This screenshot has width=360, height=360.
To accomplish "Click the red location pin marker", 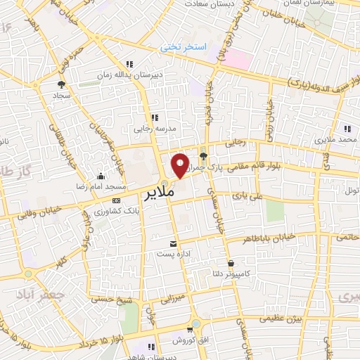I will [x=181, y=165].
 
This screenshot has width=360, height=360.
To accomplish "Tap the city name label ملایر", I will [x=162, y=191].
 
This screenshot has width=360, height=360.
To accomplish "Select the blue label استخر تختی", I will [x=184, y=48].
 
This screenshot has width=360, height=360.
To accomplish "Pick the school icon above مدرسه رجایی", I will [x=155, y=117].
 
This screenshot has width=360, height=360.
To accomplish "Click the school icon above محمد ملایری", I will [x=347, y=128].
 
